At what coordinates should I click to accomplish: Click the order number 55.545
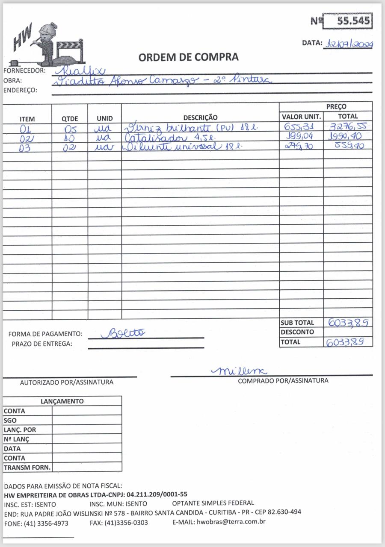(353, 21)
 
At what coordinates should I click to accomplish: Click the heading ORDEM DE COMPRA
(189, 57)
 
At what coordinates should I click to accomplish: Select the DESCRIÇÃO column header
(200, 118)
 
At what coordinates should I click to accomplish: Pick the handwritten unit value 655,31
(299, 127)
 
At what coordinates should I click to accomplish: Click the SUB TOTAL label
(297, 323)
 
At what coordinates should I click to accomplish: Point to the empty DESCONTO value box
(348, 332)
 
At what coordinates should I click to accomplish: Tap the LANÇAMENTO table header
(62, 401)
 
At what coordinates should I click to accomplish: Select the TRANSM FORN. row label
(27, 468)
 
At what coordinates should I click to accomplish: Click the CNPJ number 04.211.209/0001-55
(157, 494)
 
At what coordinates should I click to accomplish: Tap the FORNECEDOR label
(24, 71)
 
